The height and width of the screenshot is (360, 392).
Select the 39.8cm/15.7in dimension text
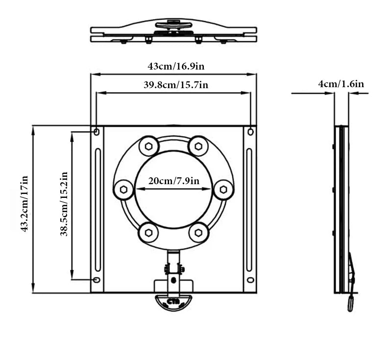[x=176, y=85]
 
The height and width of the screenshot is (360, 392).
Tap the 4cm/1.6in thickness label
[x=341, y=84]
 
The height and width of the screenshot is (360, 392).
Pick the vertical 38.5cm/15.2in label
[x=64, y=204]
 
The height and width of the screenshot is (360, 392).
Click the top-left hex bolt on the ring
[x=148, y=146]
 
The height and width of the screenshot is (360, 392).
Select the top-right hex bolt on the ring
[x=198, y=146]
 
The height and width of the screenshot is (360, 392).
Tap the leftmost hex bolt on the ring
[x=123, y=190]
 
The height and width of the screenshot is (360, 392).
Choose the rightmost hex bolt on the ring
[x=223, y=190]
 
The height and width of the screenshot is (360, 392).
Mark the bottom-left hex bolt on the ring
[x=148, y=232]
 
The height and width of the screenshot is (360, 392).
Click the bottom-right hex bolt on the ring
[x=198, y=232]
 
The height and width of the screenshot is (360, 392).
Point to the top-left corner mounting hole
[x=97, y=132]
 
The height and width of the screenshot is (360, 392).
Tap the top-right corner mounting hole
[x=251, y=132]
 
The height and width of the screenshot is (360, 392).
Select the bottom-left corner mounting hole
[x=97, y=280]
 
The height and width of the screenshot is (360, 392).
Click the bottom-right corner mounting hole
[x=251, y=280]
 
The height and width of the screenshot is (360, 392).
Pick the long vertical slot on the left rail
[x=98, y=206]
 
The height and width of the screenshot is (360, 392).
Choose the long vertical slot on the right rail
[x=249, y=206]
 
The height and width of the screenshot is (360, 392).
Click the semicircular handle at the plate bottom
[x=173, y=302]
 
